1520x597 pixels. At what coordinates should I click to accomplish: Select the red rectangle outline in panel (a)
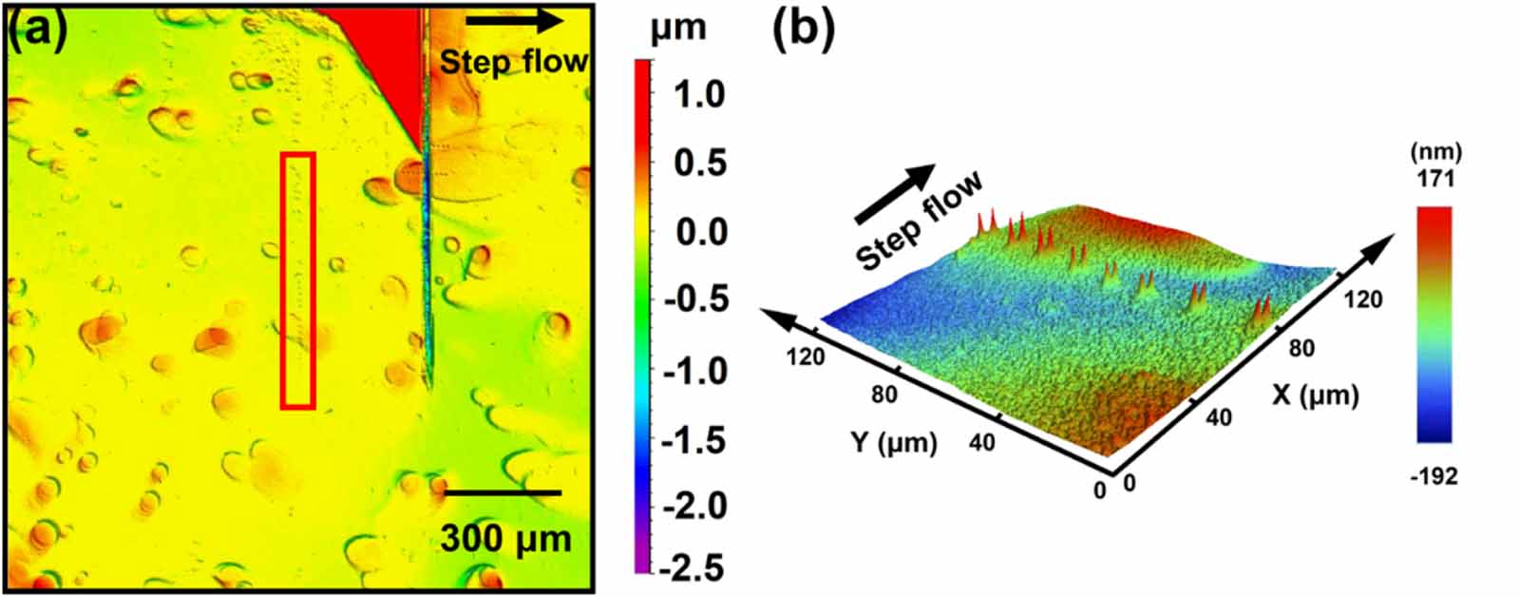pyautogui.click(x=297, y=280)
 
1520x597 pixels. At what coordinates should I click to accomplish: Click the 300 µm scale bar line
pyautogui.click(x=503, y=492)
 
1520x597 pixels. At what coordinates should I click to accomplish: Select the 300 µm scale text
pyautogui.click(x=505, y=539)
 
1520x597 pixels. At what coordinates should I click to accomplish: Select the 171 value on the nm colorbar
pyautogui.click(x=1434, y=180)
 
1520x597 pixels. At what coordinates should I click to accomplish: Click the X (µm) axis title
pyautogui.click(x=1315, y=395)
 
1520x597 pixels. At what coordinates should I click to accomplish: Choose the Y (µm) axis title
pyautogui.click(x=894, y=442)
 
